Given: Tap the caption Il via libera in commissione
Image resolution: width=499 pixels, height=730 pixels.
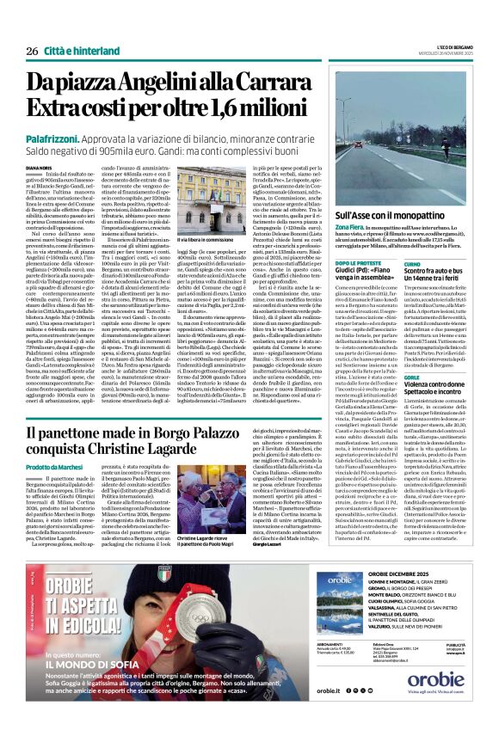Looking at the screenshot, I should click(212, 240).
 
